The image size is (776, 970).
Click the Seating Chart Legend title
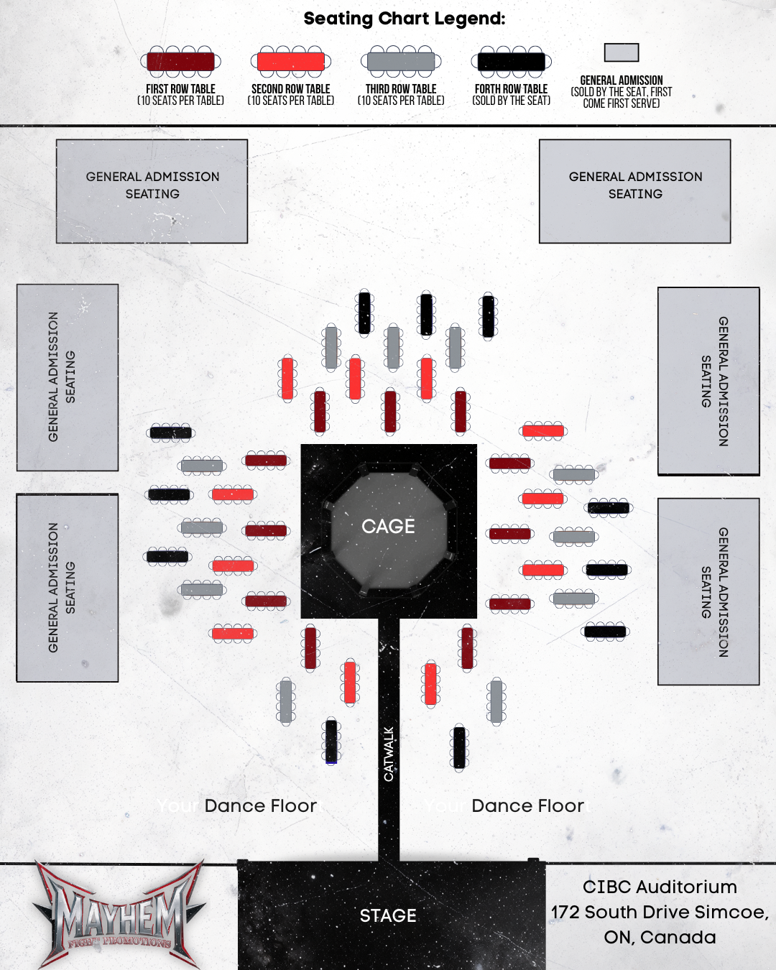[404, 19]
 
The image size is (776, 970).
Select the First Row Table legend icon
[180, 62]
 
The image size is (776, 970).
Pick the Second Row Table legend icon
[290, 62]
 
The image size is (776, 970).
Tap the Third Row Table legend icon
[401, 62]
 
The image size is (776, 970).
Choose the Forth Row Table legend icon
[511, 62]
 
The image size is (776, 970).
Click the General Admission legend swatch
[622, 52]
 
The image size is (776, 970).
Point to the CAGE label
[388, 527]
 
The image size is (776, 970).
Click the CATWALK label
[389, 754]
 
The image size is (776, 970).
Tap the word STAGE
[388, 916]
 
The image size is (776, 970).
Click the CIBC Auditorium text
[660, 887]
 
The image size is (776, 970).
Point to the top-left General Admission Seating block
[152, 191]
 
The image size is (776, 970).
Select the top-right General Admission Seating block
[635, 191]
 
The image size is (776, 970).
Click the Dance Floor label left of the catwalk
[260, 806]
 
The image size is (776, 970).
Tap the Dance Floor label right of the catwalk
[527, 806]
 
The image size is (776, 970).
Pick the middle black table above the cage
[426, 314]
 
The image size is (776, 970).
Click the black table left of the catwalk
[331, 741]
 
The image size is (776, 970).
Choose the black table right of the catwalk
[460, 748]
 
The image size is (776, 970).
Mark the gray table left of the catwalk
[286, 701]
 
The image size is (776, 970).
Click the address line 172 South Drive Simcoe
[660, 913]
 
